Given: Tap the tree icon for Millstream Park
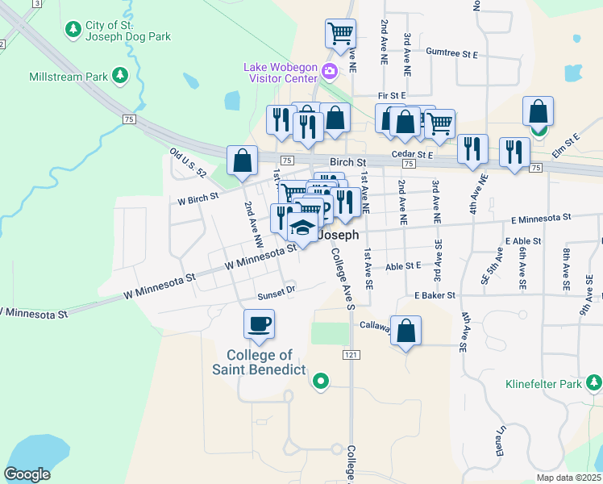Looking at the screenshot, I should coord(120,76).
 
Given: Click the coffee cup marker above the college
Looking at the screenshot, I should coord(259,324).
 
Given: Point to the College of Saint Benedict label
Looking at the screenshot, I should coord(259,362).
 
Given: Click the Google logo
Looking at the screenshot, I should coord(27,474).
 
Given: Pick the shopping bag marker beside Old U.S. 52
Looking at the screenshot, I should coord(242,161).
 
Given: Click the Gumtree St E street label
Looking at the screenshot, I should coord(452,53).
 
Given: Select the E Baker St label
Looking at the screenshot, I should coord(435,296).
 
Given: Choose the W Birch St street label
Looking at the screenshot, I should coord(198,197).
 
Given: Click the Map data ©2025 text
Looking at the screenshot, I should coord(568,478).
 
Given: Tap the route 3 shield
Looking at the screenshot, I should coord(37,4).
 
